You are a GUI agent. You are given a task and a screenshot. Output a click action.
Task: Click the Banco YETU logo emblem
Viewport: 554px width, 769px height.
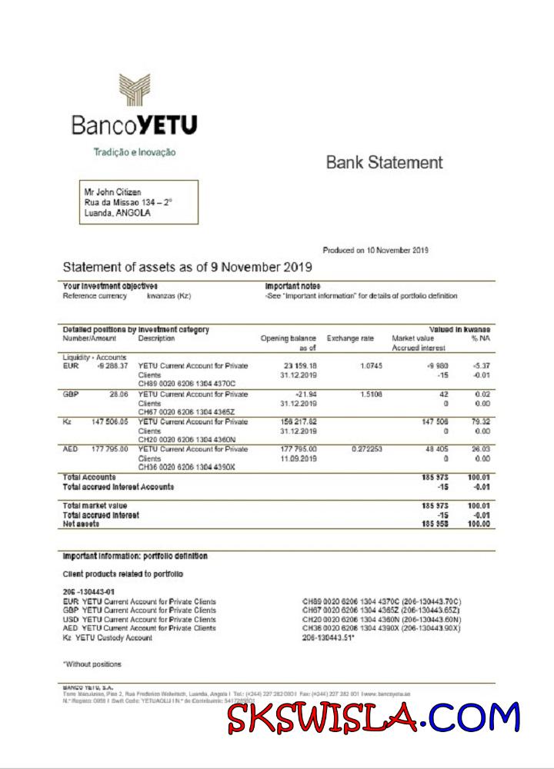point(135,90)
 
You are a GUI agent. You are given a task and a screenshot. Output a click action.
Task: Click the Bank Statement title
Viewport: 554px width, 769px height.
point(385,162)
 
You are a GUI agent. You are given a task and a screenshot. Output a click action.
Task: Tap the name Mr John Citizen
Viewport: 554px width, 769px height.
point(112,191)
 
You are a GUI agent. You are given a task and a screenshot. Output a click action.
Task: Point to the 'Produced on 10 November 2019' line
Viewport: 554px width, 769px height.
point(375,250)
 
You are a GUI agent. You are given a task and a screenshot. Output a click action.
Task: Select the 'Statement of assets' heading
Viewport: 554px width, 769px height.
point(187,268)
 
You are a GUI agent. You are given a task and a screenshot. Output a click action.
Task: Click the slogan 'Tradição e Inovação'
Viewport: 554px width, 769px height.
point(135,152)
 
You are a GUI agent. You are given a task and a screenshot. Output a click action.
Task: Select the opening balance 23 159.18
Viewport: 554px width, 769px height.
point(300,366)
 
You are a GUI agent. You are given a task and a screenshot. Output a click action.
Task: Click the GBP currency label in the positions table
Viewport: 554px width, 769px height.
point(71,394)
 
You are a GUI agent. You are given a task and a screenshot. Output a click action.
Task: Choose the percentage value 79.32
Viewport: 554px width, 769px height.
point(480,421)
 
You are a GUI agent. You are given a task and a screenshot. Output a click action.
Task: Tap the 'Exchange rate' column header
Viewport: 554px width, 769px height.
point(351,338)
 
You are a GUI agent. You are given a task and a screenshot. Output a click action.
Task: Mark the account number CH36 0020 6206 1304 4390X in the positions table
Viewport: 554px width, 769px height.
point(186,467)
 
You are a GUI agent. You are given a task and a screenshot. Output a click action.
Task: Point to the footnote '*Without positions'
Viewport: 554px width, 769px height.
point(92,664)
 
